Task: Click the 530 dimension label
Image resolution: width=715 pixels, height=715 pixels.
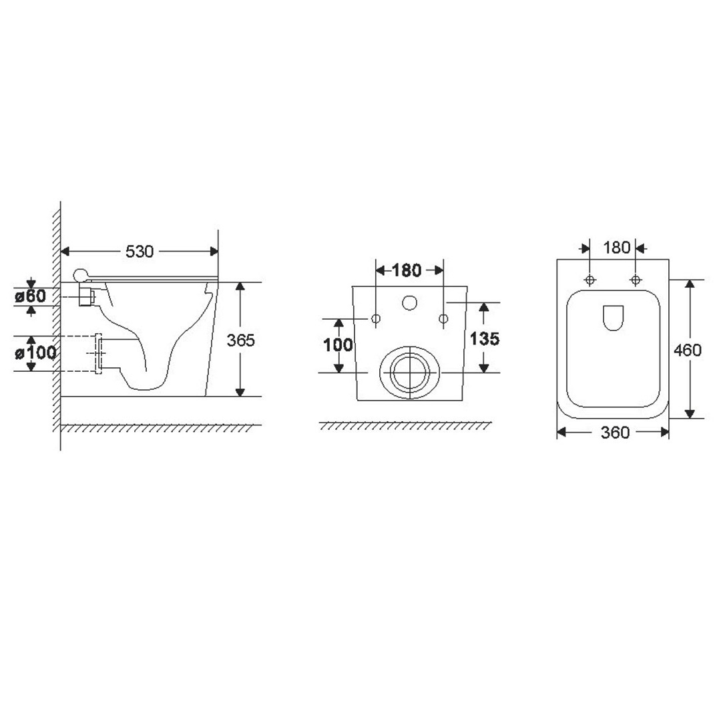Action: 140,251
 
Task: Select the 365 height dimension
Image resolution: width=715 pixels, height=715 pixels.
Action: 241,340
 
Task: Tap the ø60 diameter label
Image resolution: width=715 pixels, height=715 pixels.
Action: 31,296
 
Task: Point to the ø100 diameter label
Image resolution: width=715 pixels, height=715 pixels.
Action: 35,352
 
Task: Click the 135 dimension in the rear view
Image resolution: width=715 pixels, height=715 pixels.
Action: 484,338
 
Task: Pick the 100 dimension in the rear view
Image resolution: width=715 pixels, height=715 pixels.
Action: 338,344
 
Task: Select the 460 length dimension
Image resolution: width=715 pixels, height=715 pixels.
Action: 688,350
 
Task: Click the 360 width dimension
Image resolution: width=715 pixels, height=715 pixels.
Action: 615,433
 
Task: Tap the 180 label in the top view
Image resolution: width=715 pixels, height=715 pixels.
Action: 616,248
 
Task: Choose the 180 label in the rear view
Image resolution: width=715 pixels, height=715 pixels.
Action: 407,270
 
